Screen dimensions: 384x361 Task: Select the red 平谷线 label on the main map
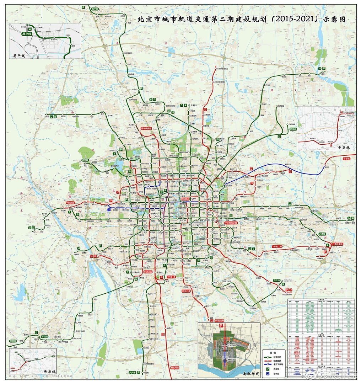point(346,158)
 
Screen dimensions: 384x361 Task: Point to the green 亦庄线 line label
point(277,281)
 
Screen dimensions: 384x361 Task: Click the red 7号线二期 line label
point(277,246)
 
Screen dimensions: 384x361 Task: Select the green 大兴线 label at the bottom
point(133,372)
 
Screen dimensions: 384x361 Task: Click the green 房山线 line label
point(44,336)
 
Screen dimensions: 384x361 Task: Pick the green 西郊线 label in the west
point(85,160)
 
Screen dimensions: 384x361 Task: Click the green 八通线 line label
point(322,234)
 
